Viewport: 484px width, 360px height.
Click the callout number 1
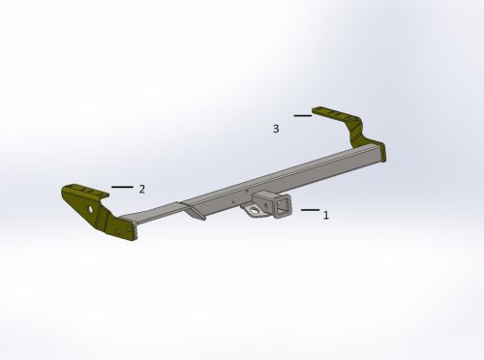pyautogui.click(x=326, y=215)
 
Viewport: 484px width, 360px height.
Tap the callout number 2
pyautogui.click(x=141, y=189)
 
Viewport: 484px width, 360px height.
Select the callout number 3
pyautogui.click(x=276, y=128)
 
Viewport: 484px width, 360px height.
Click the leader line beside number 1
pyautogui.click(x=309, y=209)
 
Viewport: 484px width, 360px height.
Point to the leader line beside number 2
pyautogui.click(x=122, y=186)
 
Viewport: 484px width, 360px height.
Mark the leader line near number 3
pyautogui.click(x=303, y=115)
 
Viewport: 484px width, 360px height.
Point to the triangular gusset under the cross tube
pyautogui.click(x=195, y=211)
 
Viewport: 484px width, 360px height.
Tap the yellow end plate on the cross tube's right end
pyautogui.click(x=380, y=153)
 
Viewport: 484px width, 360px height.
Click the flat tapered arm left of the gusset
pyautogui.click(x=155, y=214)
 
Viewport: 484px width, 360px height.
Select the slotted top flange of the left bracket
pyautogui.click(x=82, y=190)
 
